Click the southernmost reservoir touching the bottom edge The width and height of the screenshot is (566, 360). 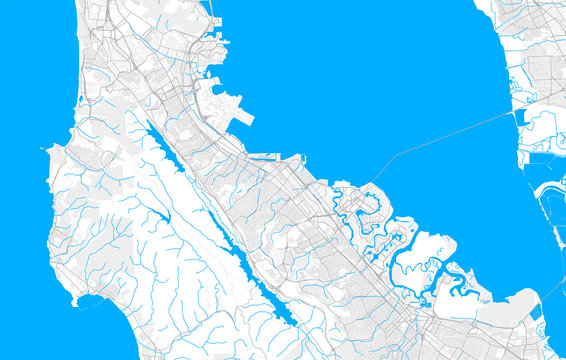click(x=285, y=316)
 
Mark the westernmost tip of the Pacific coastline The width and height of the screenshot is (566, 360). click(x=47, y=150)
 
